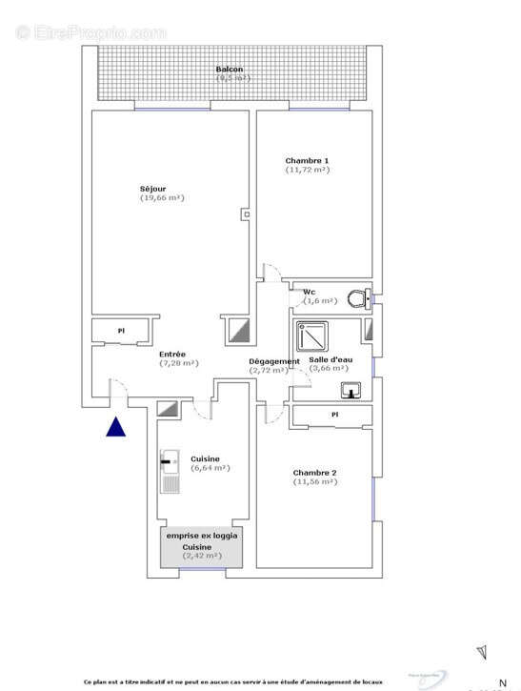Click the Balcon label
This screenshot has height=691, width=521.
pyautogui.click(x=229, y=70)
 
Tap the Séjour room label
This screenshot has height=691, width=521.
pyautogui.click(x=152, y=188)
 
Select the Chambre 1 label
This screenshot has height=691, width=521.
pyautogui.click(x=307, y=160)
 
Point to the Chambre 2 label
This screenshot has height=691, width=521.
pyautogui.click(x=314, y=473)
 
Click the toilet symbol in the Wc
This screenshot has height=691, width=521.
pyautogui.click(x=357, y=298)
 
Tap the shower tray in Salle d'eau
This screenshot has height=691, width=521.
pyautogui.click(x=309, y=336)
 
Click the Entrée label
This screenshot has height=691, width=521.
pyautogui.click(x=172, y=354)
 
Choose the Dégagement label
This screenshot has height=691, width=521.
pyautogui.click(x=274, y=361)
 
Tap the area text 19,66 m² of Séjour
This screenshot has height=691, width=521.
pyautogui.click(x=162, y=198)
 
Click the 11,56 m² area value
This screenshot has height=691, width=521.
pyautogui.click(x=315, y=482)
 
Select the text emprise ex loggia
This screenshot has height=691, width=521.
pyautogui.click(x=203, y=536)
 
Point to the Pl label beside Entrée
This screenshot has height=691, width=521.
pyautogui.click(x=121, y=331)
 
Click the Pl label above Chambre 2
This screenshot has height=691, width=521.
pyautogui.click(x=334, y=415)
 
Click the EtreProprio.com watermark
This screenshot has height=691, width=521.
pyautogui.click(x=90, y=31)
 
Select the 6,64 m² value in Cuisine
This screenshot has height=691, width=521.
pyautogui.click(x=210, y=468)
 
